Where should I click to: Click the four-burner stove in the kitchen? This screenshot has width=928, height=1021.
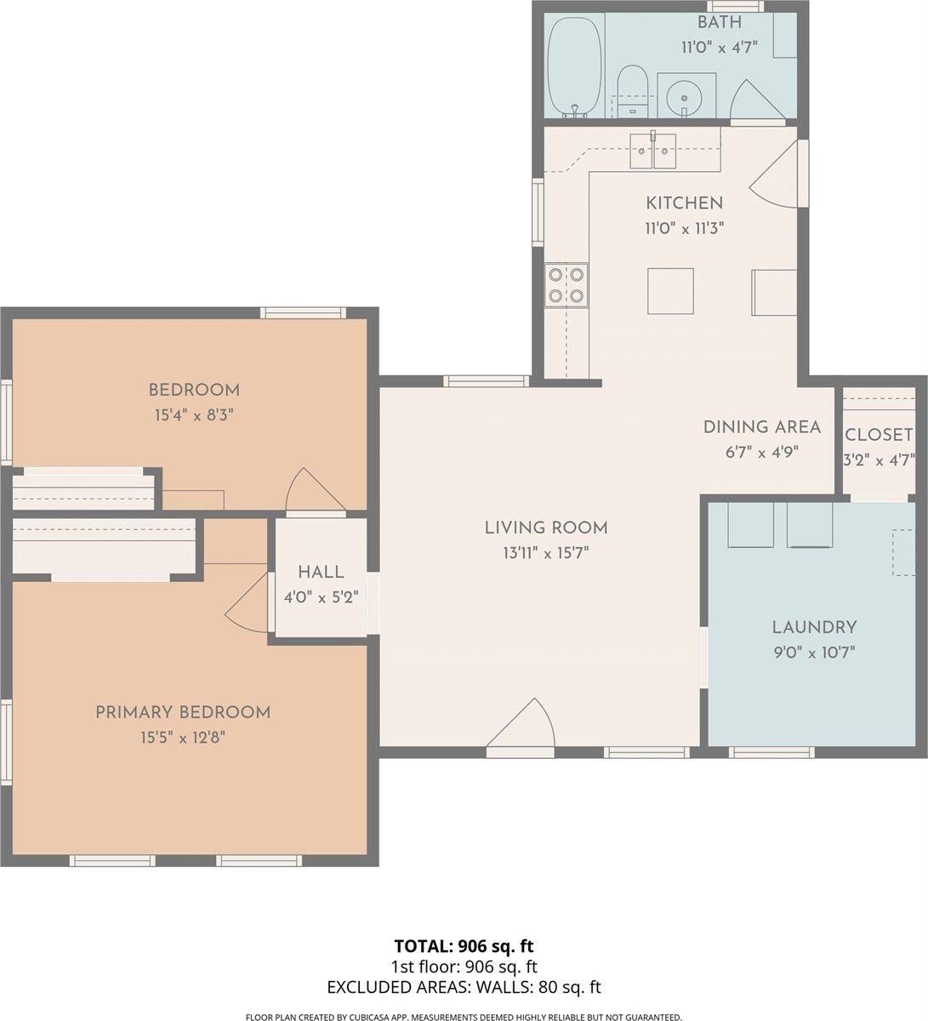click(x=566, y=285)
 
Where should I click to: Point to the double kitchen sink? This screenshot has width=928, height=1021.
click(x=652, y=151)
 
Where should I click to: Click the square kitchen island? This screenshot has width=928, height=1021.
click(x=670, y=291)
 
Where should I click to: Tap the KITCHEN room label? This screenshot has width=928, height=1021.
click(x=684, y=202)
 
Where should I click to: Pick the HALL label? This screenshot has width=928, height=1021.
click(x=321, y=573)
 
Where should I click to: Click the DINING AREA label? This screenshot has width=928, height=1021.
click(x=761, y=427)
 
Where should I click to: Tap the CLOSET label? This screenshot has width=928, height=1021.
click(x=879, y=435)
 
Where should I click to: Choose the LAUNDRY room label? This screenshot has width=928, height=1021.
click(x=814, y=628)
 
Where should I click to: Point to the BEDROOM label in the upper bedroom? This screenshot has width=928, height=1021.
click(x=194, y=391)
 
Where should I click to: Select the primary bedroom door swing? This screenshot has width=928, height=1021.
click(x=249, y=604)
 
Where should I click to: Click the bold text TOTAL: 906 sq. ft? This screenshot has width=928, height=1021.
click(x=464, y=946)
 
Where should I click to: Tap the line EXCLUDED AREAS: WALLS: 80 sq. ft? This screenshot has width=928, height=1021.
click(x=464, y=987)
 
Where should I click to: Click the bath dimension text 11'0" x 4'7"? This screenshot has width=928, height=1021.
click(x=719, y=48)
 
